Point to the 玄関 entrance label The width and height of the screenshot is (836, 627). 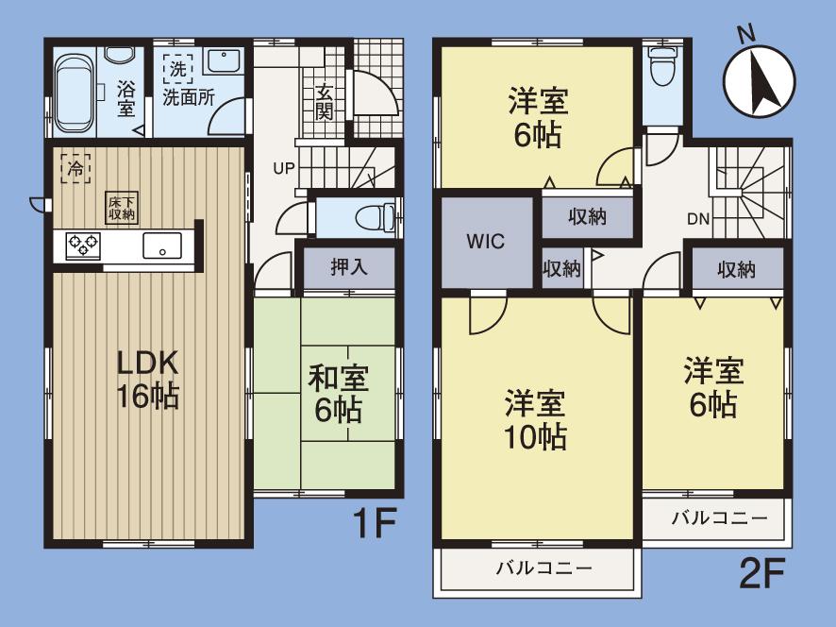coord(324,101)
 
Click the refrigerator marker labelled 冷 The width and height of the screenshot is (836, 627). coord(75,168)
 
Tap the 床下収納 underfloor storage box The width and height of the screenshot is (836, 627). coord(121,208)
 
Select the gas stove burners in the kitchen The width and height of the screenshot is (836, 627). coord(83,246)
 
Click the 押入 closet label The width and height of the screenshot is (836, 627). coord(348,267)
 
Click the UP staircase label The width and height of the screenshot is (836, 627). coord(283,170)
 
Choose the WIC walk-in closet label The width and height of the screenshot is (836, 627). coord(485,241)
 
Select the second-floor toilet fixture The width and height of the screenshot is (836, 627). coord(663,70)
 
